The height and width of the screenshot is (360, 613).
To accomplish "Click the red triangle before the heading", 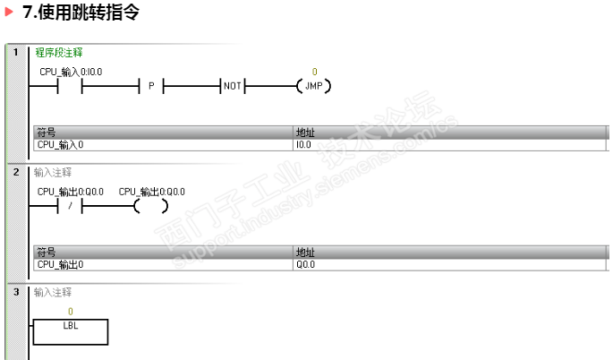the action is pyautogui.click(x=9, y=12).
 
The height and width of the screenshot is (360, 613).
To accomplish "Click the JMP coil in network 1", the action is pyautogui.click(x=313, y=86).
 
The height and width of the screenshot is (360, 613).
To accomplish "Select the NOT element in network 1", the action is pyautogui.click(x=233, y=86).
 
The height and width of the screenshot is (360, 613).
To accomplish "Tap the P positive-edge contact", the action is pyautogui.click(x=151, y=86).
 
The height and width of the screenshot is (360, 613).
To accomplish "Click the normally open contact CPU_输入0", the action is pyautogui.click(x=70, y=86).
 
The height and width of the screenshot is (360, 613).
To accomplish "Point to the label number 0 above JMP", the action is pyautogui.click(x=314, y=72).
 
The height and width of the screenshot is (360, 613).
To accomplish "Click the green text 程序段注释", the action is pyautogui.click(x=59, y=53).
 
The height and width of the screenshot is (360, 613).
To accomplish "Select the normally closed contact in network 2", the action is pyautogui.click(x=70, y=206).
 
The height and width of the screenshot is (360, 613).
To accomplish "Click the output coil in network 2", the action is pyautogui.click(x=151, y=206).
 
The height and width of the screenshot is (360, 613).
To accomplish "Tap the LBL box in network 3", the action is pyautogui.click(x=71, y=332).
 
